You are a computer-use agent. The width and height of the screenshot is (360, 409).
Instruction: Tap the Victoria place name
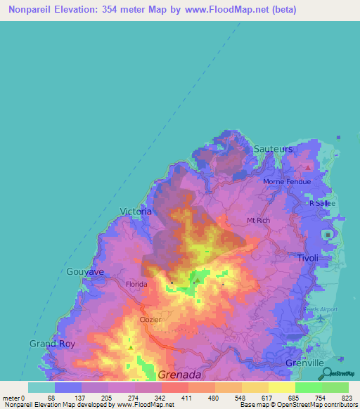136,211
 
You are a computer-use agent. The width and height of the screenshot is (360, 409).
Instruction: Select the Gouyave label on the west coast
85,271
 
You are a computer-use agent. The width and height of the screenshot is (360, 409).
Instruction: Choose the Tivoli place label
307,258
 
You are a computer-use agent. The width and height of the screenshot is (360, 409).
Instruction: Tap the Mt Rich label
258,221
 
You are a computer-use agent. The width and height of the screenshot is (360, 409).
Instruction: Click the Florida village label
136,284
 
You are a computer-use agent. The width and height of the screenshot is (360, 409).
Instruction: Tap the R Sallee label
323,203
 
